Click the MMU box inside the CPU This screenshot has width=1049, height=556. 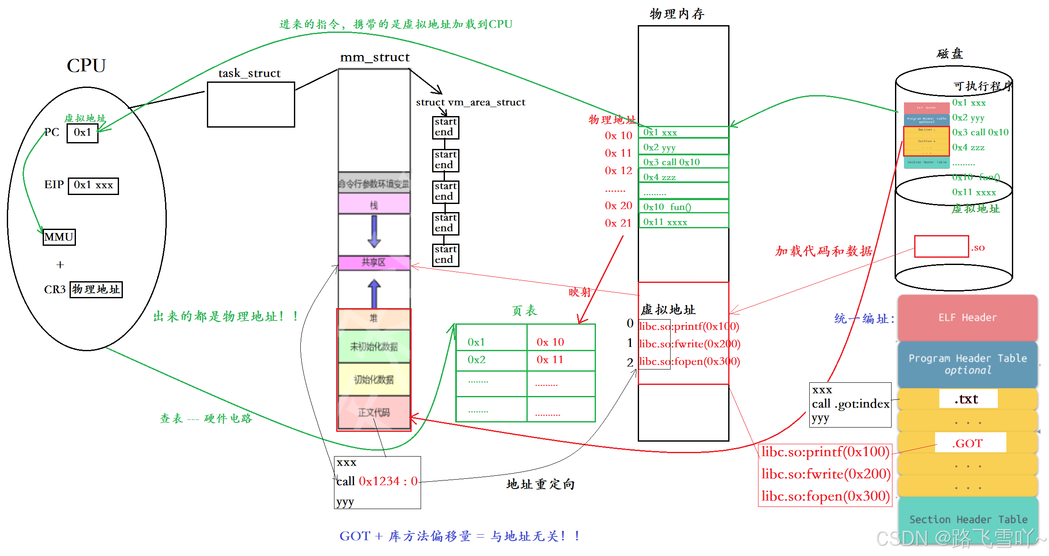pyautogui.click(x=59, y=237)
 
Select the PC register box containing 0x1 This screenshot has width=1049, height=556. pyautogui.click(x=82, y=133)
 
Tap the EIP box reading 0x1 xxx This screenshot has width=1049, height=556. pyautogui.click(x=93, y=186)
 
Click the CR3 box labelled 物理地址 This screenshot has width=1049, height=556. pyautogui.click(x=96, y=289)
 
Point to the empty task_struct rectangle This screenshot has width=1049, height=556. pyautogui.click(x=251, y=105)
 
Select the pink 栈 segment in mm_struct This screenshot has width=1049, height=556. pyautogui.click(x=374, y=204)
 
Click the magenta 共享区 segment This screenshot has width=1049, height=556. pyautogui.click(x=374, y=262)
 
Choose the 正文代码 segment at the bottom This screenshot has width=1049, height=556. pyautogui.click(x=374, y=412)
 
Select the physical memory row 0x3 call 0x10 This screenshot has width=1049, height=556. pyautogui.click(x=683, y=162)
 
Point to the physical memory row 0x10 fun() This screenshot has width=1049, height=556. pyautogui.click(x=683, y=207)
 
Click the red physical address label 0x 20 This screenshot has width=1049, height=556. pyautogui.click(x=618, y=206)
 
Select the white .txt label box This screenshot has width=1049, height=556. pyautogui.click(x=968, y=399)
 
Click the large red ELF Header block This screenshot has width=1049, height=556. pyautogui.click(x=967, y=317)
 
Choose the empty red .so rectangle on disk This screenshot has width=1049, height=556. pyautogui.click(x=941, y=247)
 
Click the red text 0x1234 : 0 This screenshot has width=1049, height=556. pyautogui.click(x=388, y=481)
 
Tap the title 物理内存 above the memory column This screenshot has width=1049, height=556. pyautogui.click(x=677, y=14)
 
